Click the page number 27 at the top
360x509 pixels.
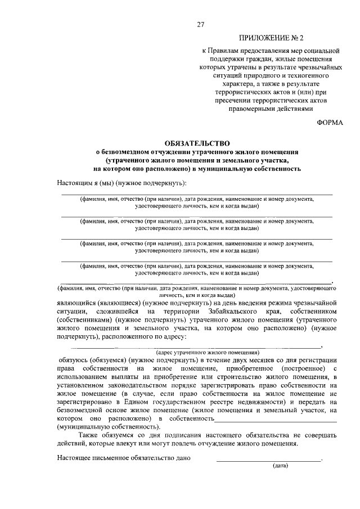pyautogui.click(x=200, y=24)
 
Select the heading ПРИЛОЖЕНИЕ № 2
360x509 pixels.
pyautogui.click(x=271, y=39)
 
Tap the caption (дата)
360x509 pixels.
pyautogui.click(x=280, y=466)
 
